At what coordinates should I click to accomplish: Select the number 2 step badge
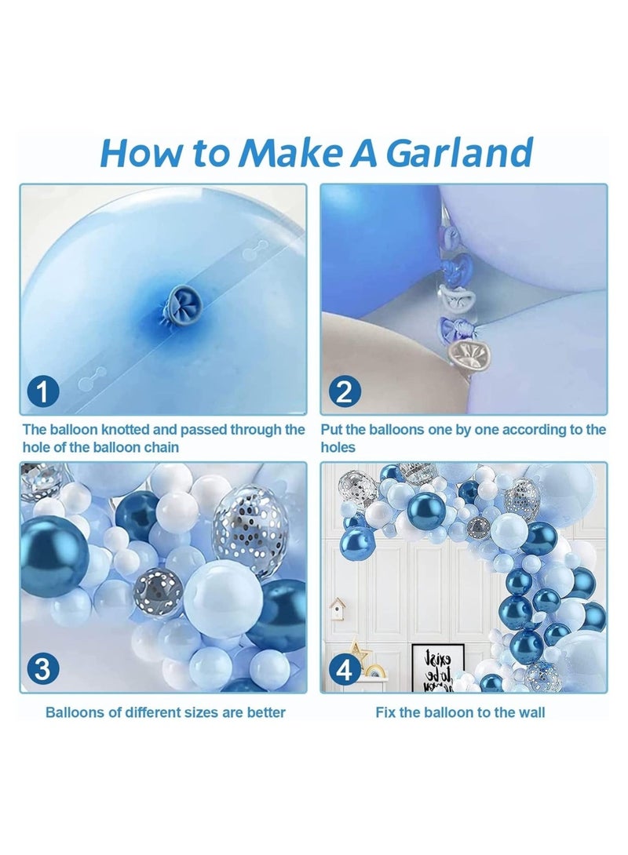click(344, 391)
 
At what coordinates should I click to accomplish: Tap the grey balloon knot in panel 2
click(463, 354)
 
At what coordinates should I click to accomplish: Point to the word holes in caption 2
click(338, 447)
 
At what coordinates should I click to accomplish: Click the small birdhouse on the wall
click(338, 608)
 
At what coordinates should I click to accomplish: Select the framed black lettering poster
click(438, 667)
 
